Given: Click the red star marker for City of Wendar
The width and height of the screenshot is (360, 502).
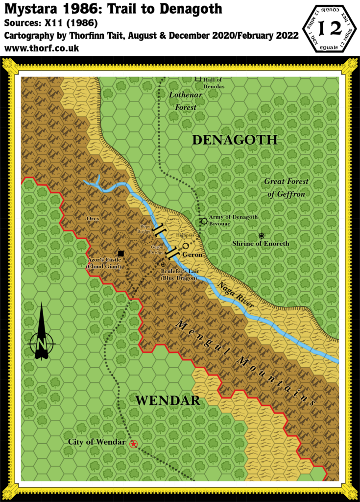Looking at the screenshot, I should click(133, 444).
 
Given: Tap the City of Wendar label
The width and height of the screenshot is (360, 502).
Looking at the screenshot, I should click(96, 442).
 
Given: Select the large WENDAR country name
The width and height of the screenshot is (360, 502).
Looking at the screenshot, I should click(168, 401).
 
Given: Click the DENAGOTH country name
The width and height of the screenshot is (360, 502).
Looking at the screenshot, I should click(235, 140).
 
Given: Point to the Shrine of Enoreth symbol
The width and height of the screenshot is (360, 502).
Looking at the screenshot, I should click(262, 236).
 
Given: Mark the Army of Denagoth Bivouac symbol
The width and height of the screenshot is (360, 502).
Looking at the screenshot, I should click(204, 221).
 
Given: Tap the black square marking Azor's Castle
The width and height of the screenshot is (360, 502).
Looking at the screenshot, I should click(121, 253).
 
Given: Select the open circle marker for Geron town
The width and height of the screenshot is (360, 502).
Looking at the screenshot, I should click(186, 246).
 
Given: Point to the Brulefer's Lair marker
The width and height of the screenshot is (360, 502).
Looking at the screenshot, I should click(163, 265).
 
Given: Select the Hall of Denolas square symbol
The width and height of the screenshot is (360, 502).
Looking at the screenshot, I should click(198, 78).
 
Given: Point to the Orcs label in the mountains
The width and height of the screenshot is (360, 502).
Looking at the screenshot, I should click(93, 219).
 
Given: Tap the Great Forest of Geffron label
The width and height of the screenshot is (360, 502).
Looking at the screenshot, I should click(287, 188).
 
